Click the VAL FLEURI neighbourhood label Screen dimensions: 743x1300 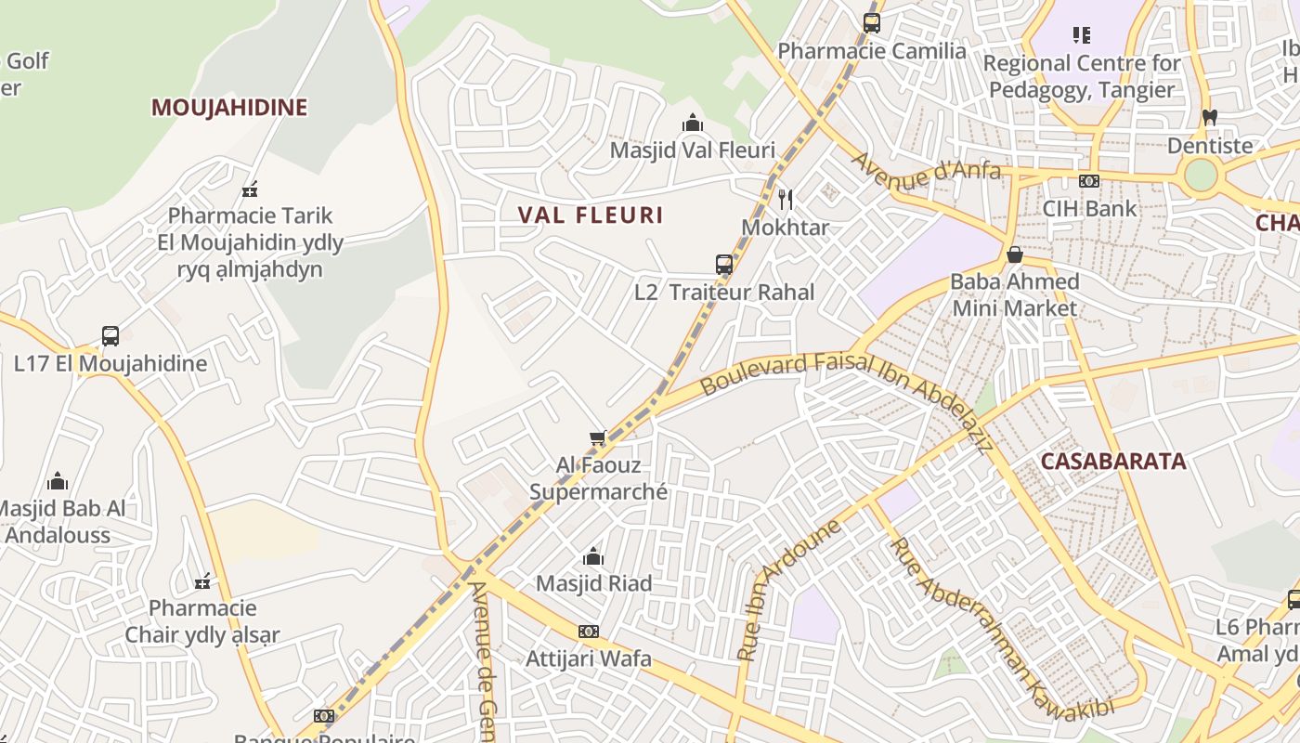[591, 215]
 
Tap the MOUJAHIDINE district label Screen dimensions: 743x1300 [228, 108]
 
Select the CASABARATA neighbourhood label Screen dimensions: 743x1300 [1113, 462]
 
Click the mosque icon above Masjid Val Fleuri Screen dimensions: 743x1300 [692, 123]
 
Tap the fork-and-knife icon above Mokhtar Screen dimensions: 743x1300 [786, 199]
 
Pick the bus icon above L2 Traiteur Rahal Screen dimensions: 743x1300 [724, 265]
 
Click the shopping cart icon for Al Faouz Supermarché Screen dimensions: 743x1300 [598, 437]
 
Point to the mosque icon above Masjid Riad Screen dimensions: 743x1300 [593, 557]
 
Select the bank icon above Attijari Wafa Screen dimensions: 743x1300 [589, 632]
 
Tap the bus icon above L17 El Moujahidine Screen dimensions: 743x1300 [110, 336]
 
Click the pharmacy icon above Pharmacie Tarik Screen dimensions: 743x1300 [250, 190]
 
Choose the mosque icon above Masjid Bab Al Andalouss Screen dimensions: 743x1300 [58, 481]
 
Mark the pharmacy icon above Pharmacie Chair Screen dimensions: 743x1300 [202, 582]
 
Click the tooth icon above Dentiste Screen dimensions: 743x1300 [1209, 118]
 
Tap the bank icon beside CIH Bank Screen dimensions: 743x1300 [1088, 181]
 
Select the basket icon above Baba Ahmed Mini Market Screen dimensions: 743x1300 [1015, 254]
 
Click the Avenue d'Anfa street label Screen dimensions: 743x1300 [926, 170]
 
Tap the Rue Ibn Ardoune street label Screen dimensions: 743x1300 [788, 590]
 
